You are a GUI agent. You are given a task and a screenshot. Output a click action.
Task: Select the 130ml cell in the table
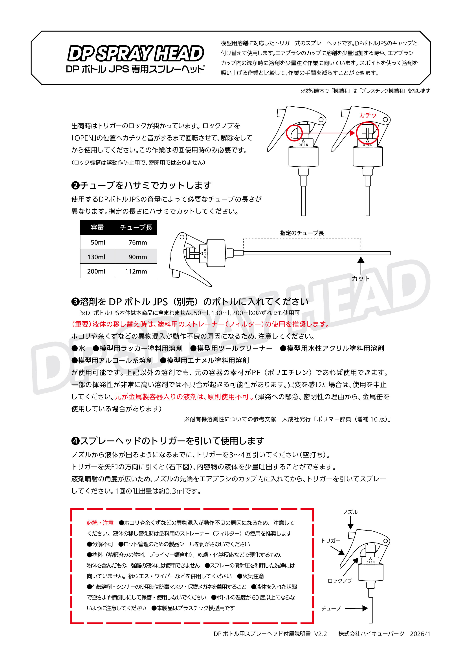point(96,257)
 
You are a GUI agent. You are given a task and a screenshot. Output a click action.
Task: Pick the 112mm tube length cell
point(136,271)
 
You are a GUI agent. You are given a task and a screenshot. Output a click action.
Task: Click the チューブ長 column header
point(136,227)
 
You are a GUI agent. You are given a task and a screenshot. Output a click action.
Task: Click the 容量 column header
point(97,227)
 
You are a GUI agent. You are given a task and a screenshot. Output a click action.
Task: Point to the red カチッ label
point(367,115)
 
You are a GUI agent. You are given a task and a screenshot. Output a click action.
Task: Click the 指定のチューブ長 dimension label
point(302,233)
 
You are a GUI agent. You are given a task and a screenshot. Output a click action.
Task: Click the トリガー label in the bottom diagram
point(331,541)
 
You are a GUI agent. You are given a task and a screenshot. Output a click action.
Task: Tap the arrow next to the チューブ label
point(356,608)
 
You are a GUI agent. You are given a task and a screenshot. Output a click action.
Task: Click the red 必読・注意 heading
point(100,523)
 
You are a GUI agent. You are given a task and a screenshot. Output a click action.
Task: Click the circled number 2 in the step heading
point(75,186)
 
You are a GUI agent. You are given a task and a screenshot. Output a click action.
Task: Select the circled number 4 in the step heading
point(75,441)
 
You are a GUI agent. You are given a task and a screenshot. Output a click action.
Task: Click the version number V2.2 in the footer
point(320,634)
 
